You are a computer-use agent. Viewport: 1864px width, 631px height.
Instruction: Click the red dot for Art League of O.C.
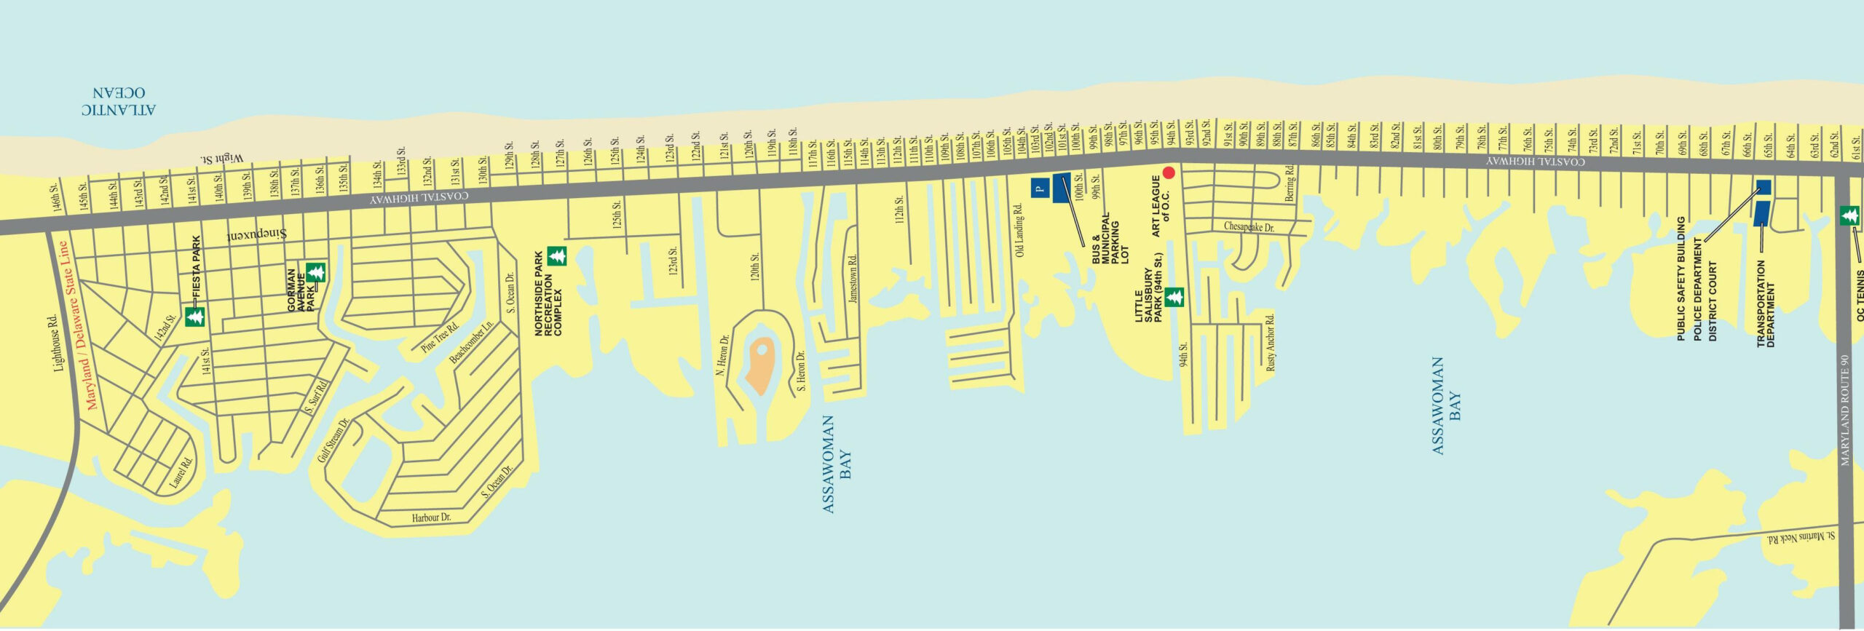[x=1169, y=172]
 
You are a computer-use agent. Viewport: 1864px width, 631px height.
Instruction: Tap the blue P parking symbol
[x=1040, y=188]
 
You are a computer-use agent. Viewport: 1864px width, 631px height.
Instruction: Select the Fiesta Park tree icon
[x=194, y=317]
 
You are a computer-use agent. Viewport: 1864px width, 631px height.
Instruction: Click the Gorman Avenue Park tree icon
[x=315, y=273]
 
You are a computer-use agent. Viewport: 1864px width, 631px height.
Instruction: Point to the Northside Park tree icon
[x=557, y=255]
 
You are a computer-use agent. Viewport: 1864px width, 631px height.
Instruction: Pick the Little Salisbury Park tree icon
[x=1174, y=297]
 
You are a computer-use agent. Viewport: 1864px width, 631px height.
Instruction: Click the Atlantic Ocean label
[x=118, y=102]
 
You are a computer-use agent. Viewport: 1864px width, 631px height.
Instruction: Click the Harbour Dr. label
[x=431, y=517]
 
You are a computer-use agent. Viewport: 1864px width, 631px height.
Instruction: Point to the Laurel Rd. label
[x=181, y=472]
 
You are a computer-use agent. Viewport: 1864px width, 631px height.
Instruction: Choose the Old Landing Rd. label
[x=1019, y=230]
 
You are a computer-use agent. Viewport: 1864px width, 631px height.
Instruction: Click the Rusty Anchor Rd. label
[x=1271, y=343]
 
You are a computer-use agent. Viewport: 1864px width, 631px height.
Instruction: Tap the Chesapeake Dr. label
[x=1249, y=227]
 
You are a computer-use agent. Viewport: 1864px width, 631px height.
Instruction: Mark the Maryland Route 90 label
[x=1844, y=410]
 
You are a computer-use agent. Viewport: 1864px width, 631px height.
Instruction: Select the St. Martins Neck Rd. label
[x=1800, y=538]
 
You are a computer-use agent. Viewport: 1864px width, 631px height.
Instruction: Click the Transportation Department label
[x=1766, y=304]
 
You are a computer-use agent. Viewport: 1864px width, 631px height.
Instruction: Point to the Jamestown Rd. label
[x=853, y=278]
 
